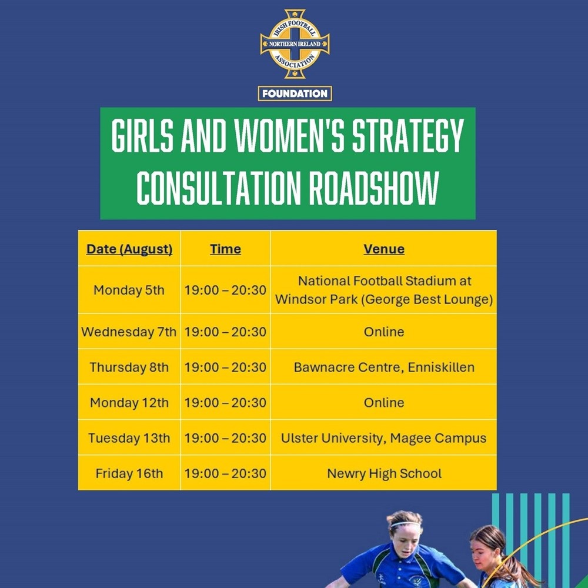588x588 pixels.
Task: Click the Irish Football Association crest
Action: pyautogui.click(x=295, y=44)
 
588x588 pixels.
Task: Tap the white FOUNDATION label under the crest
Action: pyautogui.click(x=295, y=93)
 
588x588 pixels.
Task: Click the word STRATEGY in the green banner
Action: pyautogui.click(x=407, y=136)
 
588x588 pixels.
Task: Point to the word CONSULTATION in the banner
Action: pyautogui.click(x=219, y=188)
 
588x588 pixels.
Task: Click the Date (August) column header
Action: pyautogui.click(x=129, y=249)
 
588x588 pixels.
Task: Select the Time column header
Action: pyautogui.click(x=225, y=249)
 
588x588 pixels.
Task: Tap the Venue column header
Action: pyautogui.click(x=384, y=249)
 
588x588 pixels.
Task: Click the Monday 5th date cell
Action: pyautogui.click(x=129, y=290)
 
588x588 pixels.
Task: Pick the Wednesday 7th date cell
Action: pyautogui.click(x=129, y=332)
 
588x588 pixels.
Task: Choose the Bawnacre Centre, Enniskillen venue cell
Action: pyautogui.click(x=384, y=367)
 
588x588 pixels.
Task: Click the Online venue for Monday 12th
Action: pyautogui.click(x=384, y=403)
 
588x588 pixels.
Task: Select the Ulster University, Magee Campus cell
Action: pyautogui.click(x=383, y=438)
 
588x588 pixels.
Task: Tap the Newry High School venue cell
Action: pyautogui.click(x=385, y=473)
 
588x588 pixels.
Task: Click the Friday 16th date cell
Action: pyautogui.click(x=129, y=473)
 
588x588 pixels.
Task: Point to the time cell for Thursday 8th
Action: pyautogui.click(x=225, y=367)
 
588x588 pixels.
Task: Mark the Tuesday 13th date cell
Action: pyautogui.click(x=129, y=438)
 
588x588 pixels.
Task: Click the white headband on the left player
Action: pyautogui.click(x=405, y=524)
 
